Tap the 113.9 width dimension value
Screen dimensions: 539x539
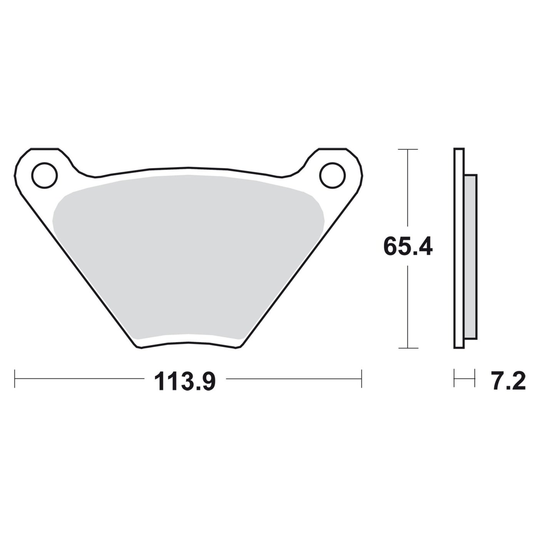[185, 382]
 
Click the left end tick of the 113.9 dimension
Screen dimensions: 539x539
[15, 379]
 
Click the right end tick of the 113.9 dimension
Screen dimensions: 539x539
[362, 379]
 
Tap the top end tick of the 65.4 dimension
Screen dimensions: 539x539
[408, 149]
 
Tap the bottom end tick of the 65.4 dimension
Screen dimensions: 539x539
[408, 348]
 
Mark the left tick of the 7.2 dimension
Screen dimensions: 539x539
[454, 378]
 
